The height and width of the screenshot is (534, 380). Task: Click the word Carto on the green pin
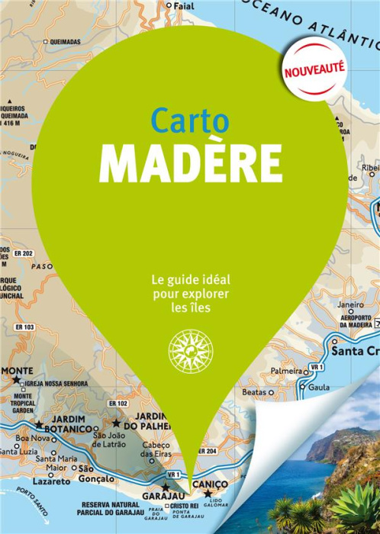[189, 120]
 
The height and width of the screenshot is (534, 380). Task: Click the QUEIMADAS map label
[66, 41]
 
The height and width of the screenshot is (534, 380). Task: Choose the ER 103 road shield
[24, 327]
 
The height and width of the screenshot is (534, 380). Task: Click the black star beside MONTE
[16, 379]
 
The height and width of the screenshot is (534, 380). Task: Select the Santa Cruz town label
[354, 351]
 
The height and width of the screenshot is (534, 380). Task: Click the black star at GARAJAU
[165, 486]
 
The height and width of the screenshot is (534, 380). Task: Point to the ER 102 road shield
[118, 403]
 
